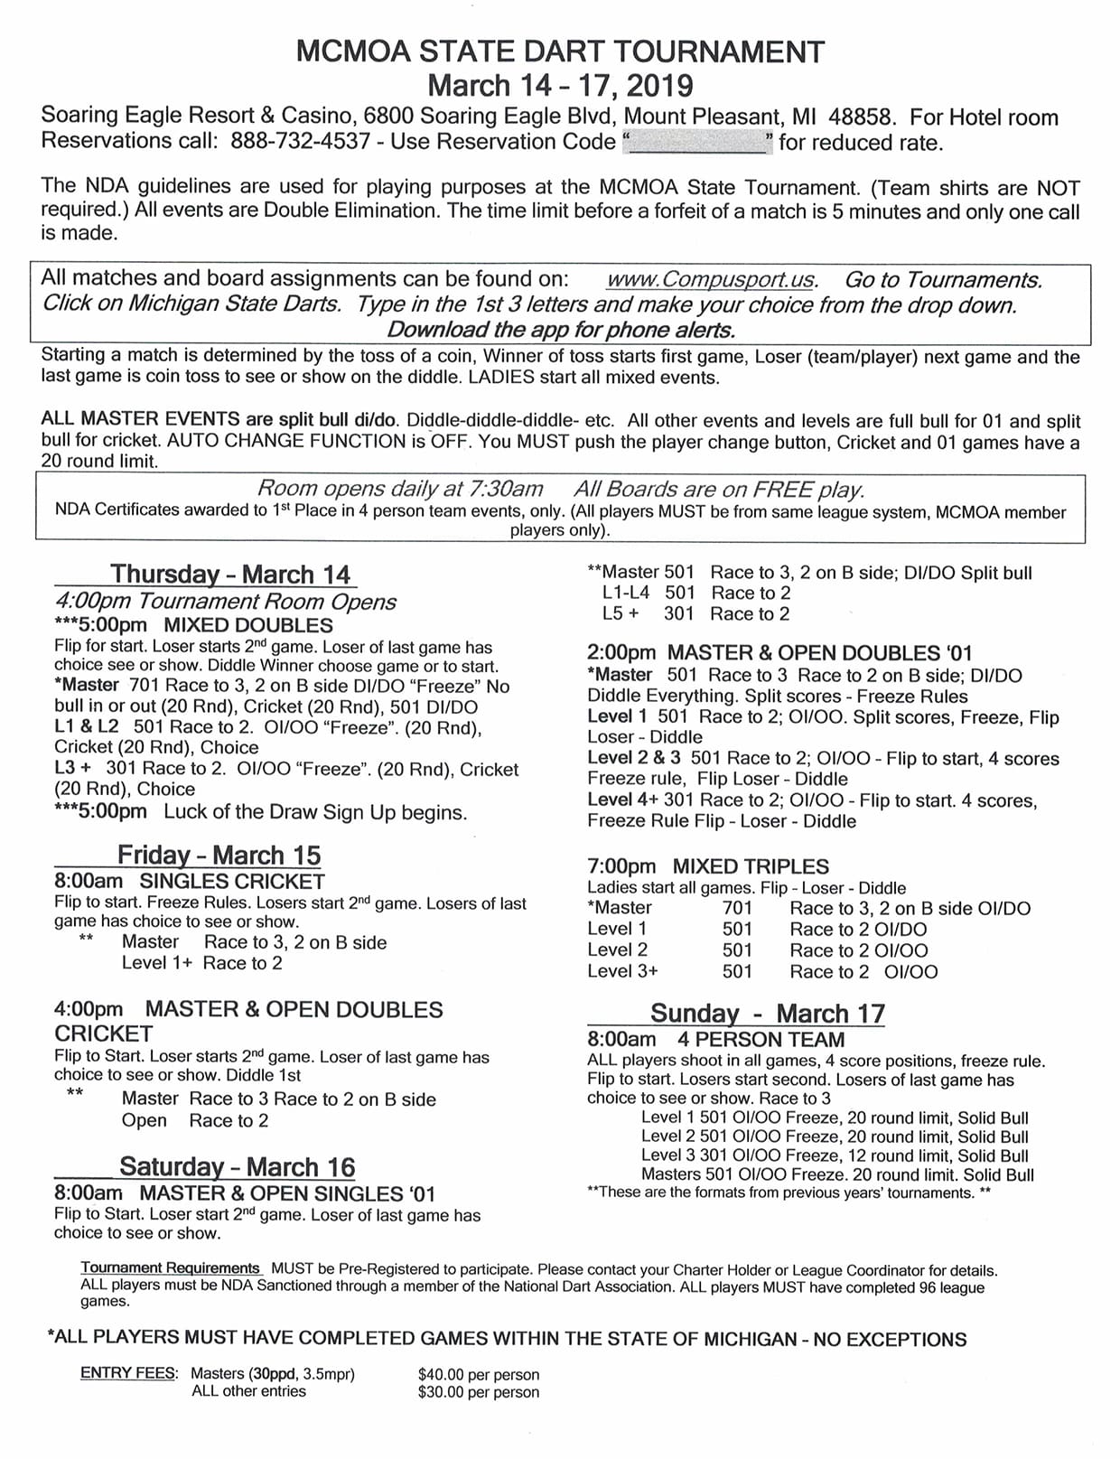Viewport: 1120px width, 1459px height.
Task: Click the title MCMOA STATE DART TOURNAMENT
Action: [x=560, y=52]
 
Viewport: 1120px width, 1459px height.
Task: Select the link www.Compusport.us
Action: [x=712, y=280]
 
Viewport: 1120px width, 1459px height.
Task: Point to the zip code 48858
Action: [x=862, y=117]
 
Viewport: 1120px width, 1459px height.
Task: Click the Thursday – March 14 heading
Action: [x=229, y=575]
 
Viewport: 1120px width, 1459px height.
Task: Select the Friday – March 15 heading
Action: [x=219, y=855]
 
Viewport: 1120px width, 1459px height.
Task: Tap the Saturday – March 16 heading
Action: [x=237, y=1166]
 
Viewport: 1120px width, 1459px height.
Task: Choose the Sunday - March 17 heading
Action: [x=767, y=1013]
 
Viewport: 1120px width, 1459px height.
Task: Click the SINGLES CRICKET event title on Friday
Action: [x=231, y=882]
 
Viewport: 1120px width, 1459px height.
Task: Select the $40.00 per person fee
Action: [x=478, y=1375]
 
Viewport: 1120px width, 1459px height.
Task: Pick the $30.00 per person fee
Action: [x=478, y=1392]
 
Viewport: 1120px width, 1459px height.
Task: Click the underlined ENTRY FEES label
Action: [x=129, y=1373]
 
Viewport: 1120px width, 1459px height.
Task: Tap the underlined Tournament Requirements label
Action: [x=170, y=1268]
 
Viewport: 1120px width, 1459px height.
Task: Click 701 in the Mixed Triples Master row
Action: [x=737, y=908]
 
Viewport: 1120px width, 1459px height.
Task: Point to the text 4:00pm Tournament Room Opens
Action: [x=225, y=602]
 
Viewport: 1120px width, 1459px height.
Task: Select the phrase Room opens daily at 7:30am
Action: [x=400, y=489]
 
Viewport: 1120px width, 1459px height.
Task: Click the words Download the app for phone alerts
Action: [x=560, y=330]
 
